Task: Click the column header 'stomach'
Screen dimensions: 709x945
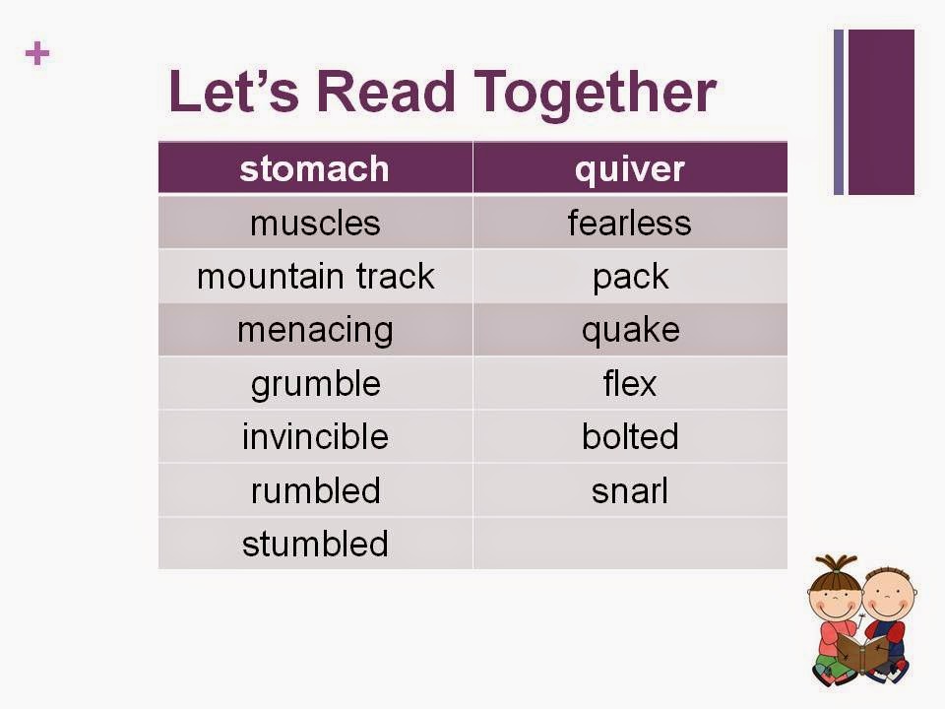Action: [314, 169]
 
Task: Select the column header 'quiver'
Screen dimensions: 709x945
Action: [629, 169]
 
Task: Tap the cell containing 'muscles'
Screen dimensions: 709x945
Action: [314, 223]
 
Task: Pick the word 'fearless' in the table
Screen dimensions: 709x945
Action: [629, 223]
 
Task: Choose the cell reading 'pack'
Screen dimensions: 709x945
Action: [629, 277]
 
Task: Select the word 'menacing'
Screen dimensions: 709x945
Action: [314, 330]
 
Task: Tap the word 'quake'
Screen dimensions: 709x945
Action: [629, 330]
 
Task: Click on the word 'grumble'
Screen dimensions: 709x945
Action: [314, 383]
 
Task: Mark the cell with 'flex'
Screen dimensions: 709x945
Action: [629, 383]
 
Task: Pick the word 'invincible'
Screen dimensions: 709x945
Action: [314, 436]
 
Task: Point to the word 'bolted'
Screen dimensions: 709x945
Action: [629, 436]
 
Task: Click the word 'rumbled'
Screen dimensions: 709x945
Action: [314, 490]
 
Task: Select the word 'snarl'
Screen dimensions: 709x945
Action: [629, 490]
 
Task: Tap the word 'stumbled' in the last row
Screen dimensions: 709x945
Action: [314, 544]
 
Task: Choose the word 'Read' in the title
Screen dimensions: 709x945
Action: [387, 92]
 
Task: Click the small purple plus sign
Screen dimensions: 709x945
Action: [37, 53]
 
